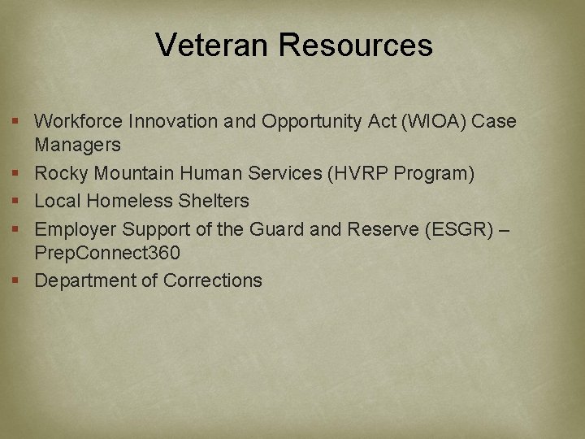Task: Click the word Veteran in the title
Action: [x=213, y=45]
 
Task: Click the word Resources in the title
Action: [x=356, y=45]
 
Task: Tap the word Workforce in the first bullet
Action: [x=80, y=122]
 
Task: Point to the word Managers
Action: [x=77, y=146]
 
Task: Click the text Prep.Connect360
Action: [x=107, y=254]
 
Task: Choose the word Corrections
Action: [x=213, y=281]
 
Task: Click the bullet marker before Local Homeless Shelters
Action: [x=16, y=201]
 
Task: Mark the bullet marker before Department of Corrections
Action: [x=16, y=281]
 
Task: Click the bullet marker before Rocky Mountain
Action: [x=16, y=174]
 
